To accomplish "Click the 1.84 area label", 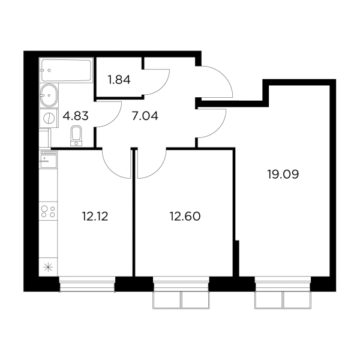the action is point(119,80).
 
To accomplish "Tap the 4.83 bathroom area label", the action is point(76,116).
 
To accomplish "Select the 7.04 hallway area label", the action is point(145,116).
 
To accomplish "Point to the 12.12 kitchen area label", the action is point(95,216).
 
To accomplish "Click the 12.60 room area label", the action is point(185,216).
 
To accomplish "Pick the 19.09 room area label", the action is point(283,175).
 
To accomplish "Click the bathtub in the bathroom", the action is point(67,70).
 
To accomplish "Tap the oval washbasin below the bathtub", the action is point(49,95).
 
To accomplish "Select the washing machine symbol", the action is point(49,118).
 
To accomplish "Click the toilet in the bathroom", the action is point(76,136).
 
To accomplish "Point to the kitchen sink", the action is point(49,159).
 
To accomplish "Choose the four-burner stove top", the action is point(48,211).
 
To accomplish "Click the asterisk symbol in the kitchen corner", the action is point(48,268).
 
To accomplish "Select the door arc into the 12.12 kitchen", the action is point(110,169).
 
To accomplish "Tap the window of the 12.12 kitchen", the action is point(87,284).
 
